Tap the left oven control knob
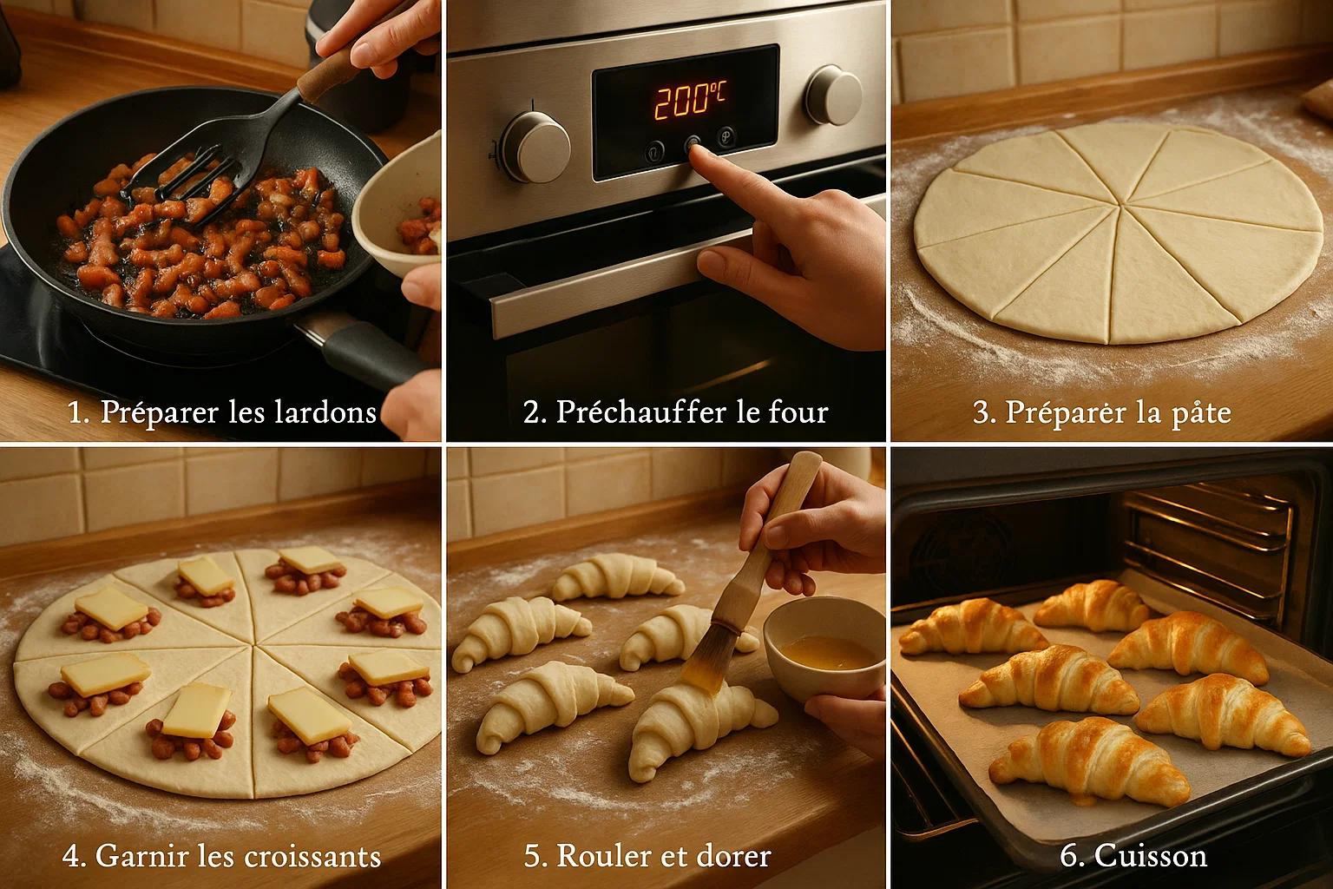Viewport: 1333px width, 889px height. point(535,146)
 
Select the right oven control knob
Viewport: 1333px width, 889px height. point(833,95)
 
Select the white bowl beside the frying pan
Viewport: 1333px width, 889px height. point(399,208)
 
